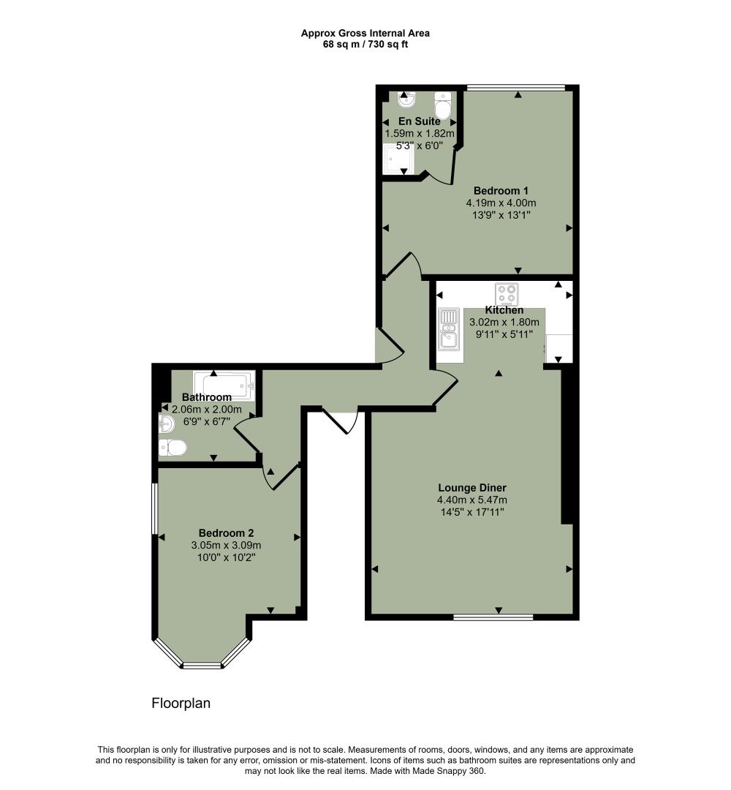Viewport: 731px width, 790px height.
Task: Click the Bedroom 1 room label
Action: point(501,191)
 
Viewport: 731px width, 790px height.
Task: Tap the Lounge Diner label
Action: point(472,488)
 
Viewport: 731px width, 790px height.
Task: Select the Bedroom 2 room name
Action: point(226,533)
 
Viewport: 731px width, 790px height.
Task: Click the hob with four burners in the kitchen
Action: point(506,294)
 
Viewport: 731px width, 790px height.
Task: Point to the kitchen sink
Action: point(447,339)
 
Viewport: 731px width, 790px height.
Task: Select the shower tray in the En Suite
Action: point(398,159)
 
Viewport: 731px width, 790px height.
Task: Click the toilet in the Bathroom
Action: point(173,447)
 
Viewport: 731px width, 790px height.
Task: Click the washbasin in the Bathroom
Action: point(166,423)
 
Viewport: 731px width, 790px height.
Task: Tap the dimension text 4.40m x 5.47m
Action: point(472,500)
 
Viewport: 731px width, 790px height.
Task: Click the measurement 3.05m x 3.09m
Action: point(226,546)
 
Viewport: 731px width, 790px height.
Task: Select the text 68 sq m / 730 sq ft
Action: point(365,44)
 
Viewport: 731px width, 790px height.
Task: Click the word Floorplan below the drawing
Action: point(181,704)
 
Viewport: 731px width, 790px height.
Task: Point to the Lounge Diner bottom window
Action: point(493,617)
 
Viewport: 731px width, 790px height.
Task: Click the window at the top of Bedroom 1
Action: point(516,88)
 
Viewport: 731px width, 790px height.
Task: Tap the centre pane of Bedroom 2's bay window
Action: point(202,666)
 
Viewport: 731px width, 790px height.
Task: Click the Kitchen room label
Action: point(504,310)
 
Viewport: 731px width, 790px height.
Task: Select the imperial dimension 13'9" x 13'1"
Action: point(501,215)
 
